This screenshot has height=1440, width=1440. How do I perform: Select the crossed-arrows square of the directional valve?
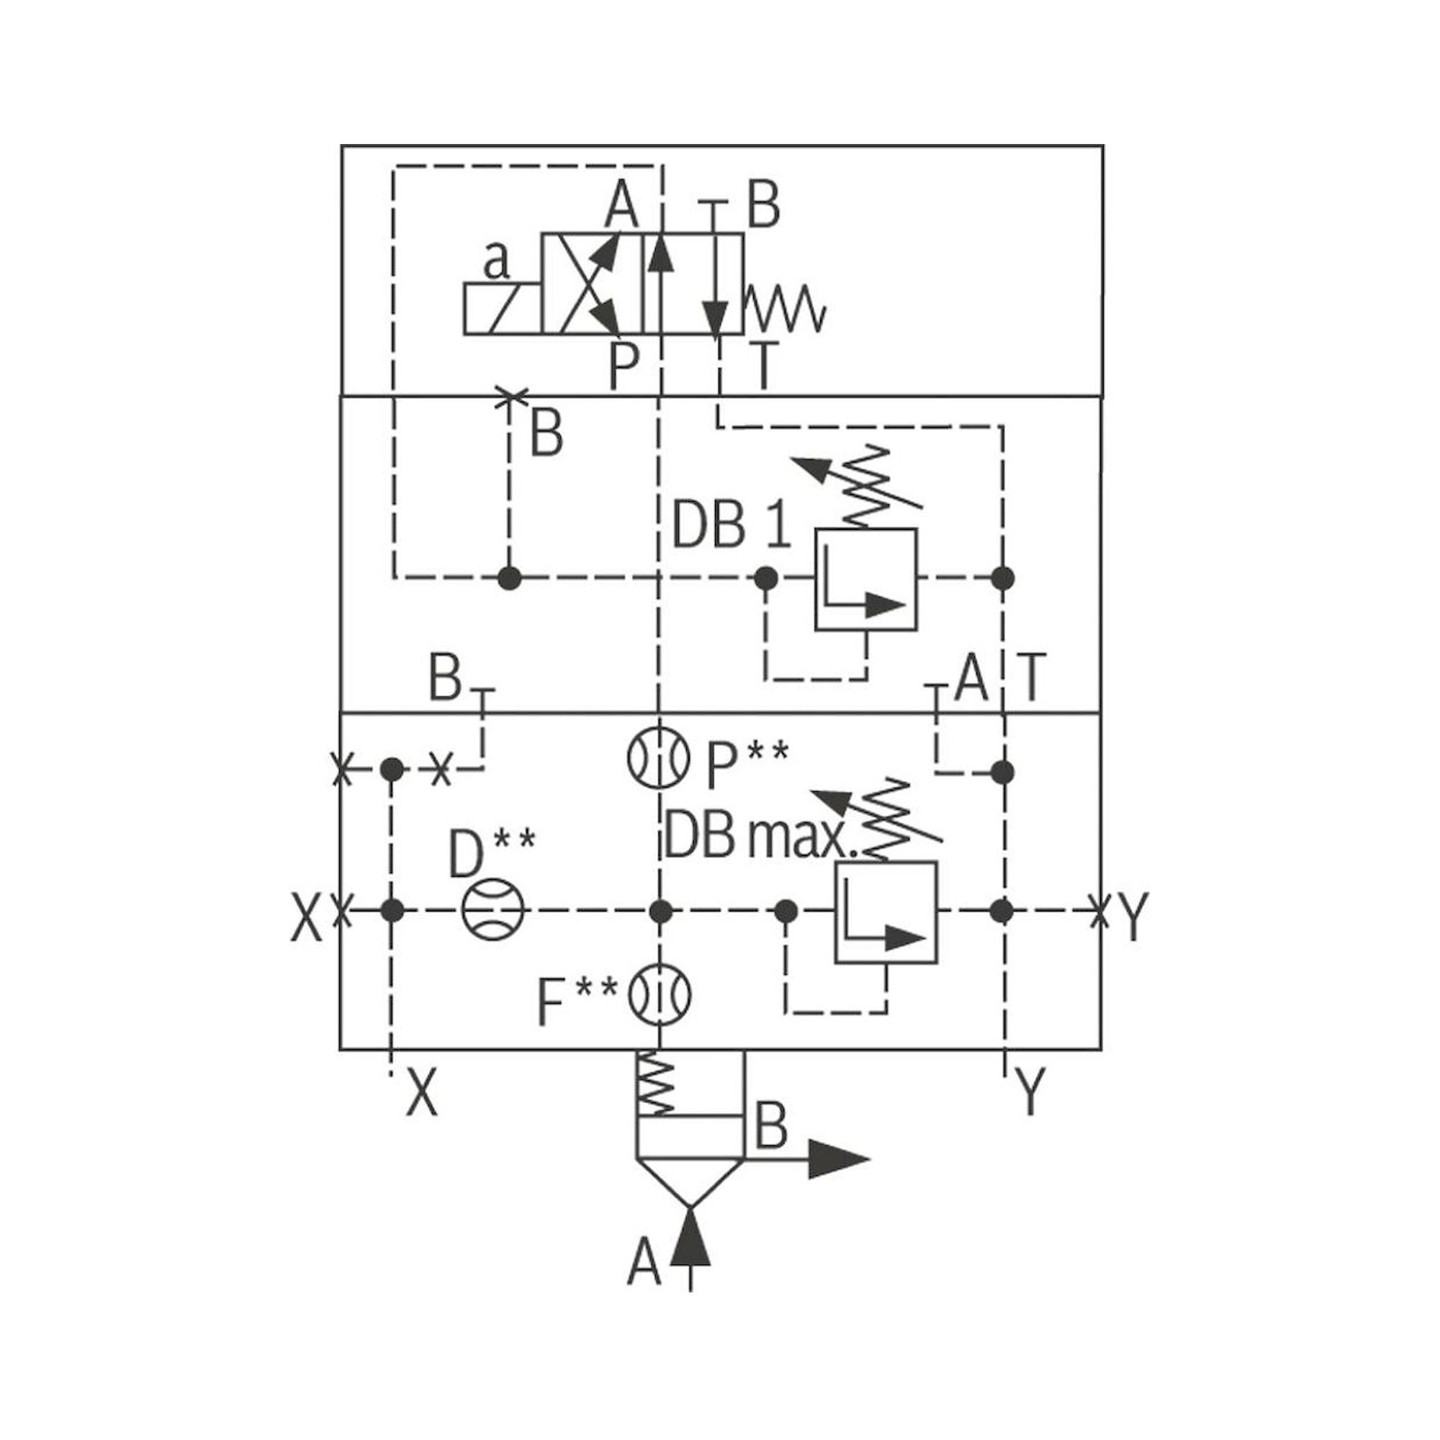[591, 283]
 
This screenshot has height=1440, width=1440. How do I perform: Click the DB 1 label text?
[730, 525]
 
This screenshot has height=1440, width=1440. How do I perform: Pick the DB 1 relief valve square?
[865, 579]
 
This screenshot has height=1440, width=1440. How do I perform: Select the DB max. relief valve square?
[886, 912]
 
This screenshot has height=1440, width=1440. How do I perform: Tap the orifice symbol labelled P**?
[657, 756]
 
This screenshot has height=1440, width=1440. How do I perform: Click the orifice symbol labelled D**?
[492, 910]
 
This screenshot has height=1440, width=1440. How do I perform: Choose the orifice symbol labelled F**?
[660, 995]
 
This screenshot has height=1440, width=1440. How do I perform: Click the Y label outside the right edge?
[1130, 917]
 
